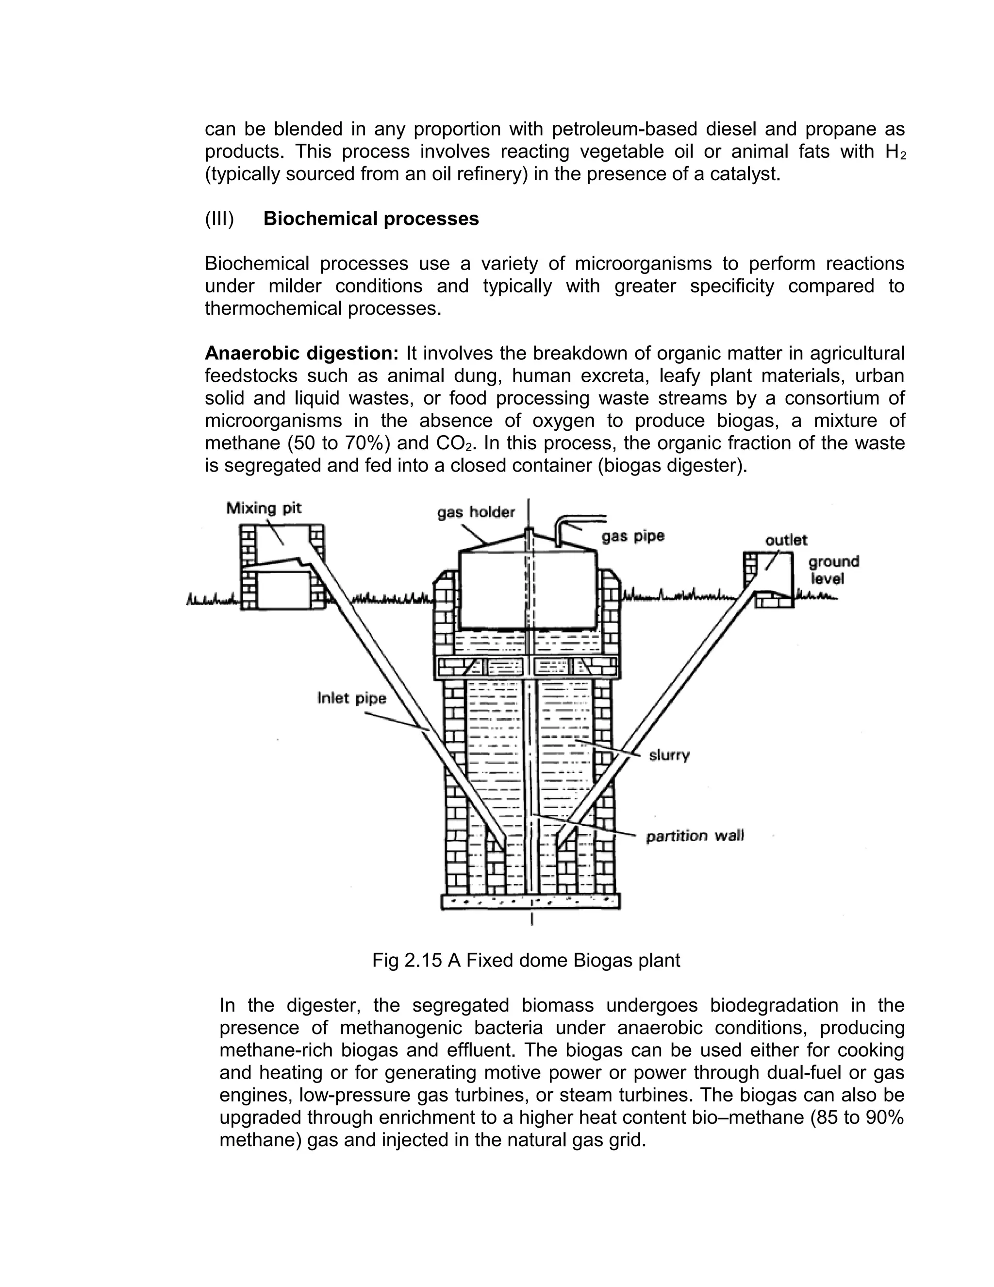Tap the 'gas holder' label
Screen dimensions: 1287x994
pos(476,512)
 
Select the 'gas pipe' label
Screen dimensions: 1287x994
pos(632,536)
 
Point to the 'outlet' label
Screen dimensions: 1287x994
pos(786,540)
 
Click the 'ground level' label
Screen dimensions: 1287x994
pos(833,570)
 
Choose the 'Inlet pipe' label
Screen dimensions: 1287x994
pos(351,698)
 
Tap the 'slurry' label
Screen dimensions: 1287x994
pos(669,755)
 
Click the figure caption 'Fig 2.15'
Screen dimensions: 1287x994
pos(406,961)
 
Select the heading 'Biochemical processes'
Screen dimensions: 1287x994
pos(371,219)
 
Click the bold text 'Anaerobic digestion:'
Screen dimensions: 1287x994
pos(301,354)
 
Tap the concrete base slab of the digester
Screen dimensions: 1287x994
pos(530,901)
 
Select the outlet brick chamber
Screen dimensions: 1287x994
pos(768,580)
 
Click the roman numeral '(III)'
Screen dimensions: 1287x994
pos(219,219)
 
